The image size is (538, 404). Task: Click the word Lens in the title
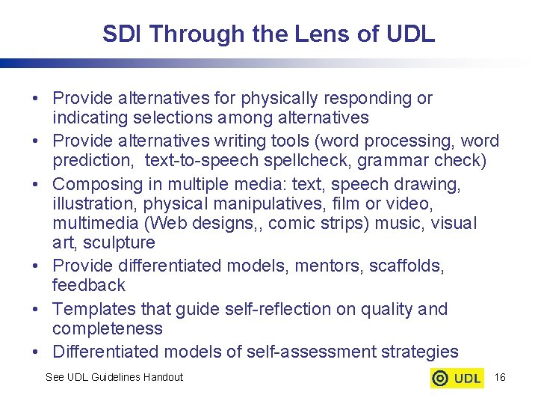288,34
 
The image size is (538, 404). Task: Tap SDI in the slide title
120,34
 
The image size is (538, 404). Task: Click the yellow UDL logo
457,378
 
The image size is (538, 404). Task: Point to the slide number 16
500,377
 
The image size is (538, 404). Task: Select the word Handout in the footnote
162,377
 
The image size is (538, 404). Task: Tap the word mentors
321,266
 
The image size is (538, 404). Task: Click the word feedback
88,285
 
